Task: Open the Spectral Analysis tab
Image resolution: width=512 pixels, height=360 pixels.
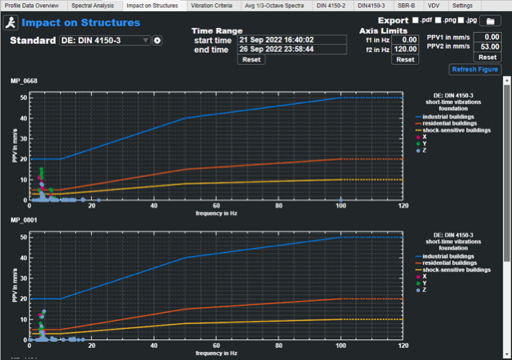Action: [x=93, y=6]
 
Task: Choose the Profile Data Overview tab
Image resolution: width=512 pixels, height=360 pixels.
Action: [x=33, y=6]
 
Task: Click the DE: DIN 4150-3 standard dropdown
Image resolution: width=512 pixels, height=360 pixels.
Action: [x=105, y=40]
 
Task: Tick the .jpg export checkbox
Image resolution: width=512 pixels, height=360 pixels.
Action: [x=460, y=20]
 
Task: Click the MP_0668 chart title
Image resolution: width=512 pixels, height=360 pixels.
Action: [x=24, y=81]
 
